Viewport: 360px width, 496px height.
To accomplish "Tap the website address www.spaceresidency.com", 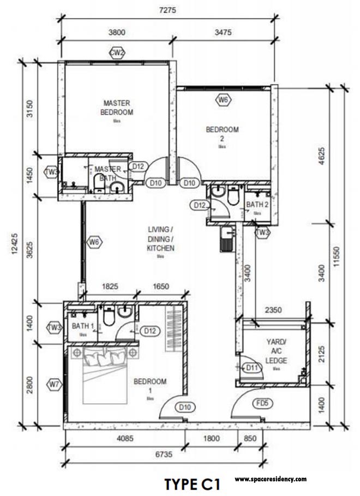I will (x=271, y=479).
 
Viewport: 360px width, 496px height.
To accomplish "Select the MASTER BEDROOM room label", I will (x=116, y=107).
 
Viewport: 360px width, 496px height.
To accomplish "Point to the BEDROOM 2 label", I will (x=222, y=134).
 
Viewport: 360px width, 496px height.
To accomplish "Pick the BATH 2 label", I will (x=257, y=205).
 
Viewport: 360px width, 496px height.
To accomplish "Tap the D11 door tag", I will (x=252, y=368).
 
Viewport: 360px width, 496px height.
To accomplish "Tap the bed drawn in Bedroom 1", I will (x=103, y=377).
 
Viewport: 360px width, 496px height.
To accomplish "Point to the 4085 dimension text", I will (x=124, y=437).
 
